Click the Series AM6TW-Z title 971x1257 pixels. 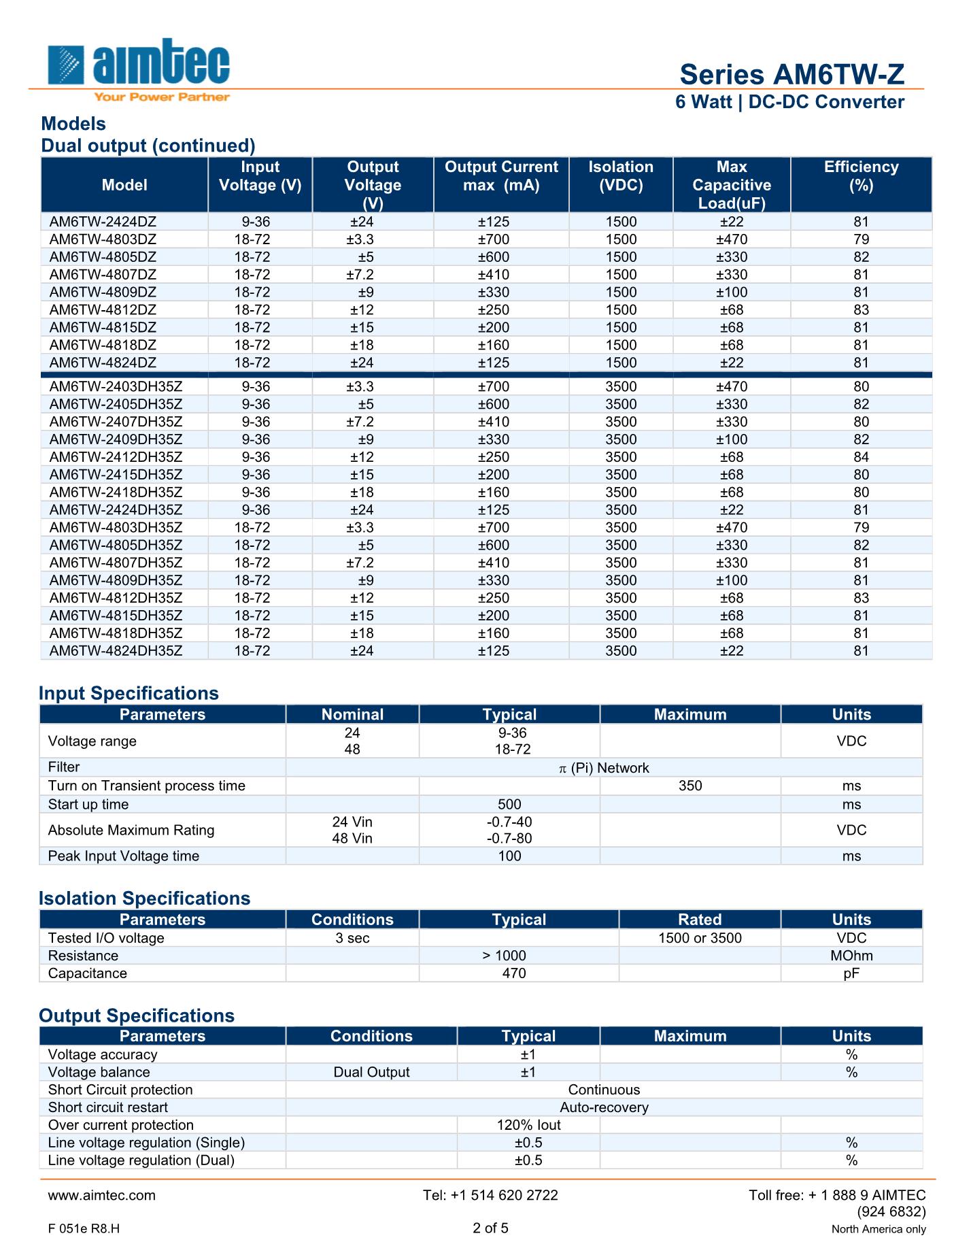pyautogui.click(x=791, y=74)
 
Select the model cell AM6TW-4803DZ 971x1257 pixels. pyautogui.click(x=103, y=239)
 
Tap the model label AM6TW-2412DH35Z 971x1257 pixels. pyautogui.click(x=116, y=457)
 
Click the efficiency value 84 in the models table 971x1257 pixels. pyautogui.click(x=861, y=457)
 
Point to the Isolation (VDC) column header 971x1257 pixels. pyautogui.click(x=621, y=176)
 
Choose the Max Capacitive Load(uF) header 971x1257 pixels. pyautogui.click(x=732, y=185)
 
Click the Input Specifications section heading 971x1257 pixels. pyautogui.click(x=129, y=693)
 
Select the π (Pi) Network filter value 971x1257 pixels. pyautogui.click(x=604, y=768)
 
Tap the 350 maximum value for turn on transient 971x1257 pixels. pyautogui.click(x=690, y=786)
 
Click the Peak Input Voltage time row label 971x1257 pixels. pyautogui.click(x=123, y=856)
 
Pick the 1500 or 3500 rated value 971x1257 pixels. pyautogui.click(x=700, y=938)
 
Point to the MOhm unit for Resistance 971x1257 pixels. pyautogui.click(x=851, y=956)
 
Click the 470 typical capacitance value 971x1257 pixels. pyautogui.click(x=514, y=973)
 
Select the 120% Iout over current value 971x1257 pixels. pyautogui.click(x=528, y=1125)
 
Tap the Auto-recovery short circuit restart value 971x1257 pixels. pyautogui.click(x=604, y=1107)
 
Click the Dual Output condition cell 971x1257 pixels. pyautogui.click(x=371, y=1072)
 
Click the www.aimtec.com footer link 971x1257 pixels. pyautogui.click(x=102, y=1195)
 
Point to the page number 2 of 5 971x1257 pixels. pyautogui.click(x=490, y=1228)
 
